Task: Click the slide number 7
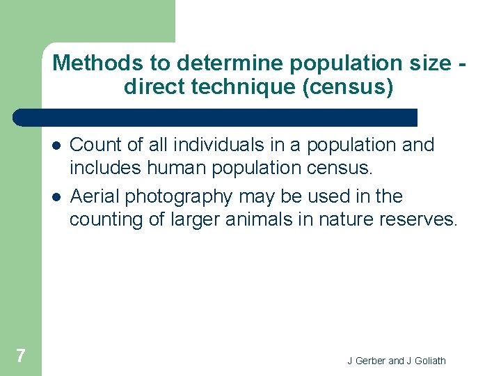[21, 356]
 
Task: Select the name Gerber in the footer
[369, 361]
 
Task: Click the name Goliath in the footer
[429, 361]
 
